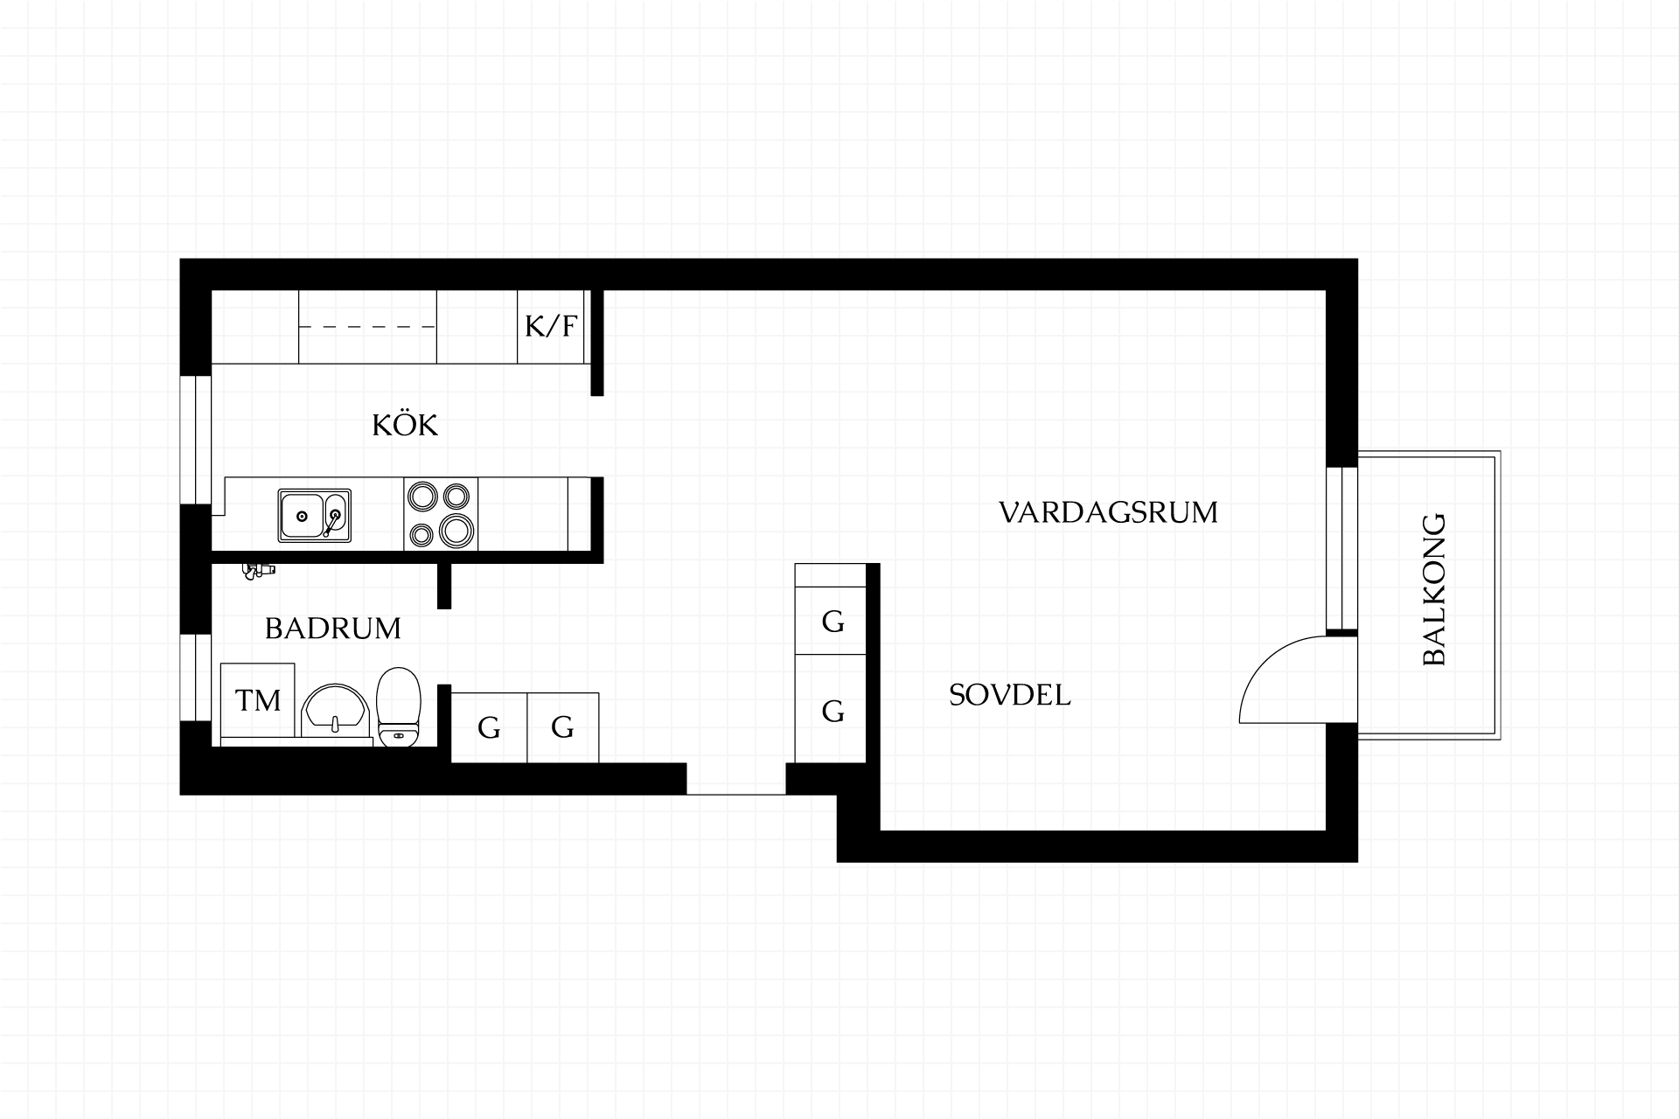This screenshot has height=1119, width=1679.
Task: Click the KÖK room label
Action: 405,425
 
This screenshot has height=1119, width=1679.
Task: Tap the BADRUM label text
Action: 333,629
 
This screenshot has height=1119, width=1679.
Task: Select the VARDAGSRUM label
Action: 1108,512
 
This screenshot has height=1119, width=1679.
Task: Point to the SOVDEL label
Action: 1010,695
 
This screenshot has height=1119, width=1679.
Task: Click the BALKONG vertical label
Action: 1434,589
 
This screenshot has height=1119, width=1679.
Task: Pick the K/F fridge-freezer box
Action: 551,326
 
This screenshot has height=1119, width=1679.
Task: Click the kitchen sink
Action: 315,516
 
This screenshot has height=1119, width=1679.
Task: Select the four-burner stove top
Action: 441,514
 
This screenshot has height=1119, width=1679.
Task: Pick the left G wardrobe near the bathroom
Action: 489,727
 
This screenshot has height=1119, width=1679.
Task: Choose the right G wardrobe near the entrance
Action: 563,727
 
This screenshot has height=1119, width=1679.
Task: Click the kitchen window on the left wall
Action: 196,440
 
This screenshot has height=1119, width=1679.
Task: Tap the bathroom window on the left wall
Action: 196,678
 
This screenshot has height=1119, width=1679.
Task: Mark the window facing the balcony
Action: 1342,548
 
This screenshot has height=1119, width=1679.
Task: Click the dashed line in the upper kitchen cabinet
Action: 367,327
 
